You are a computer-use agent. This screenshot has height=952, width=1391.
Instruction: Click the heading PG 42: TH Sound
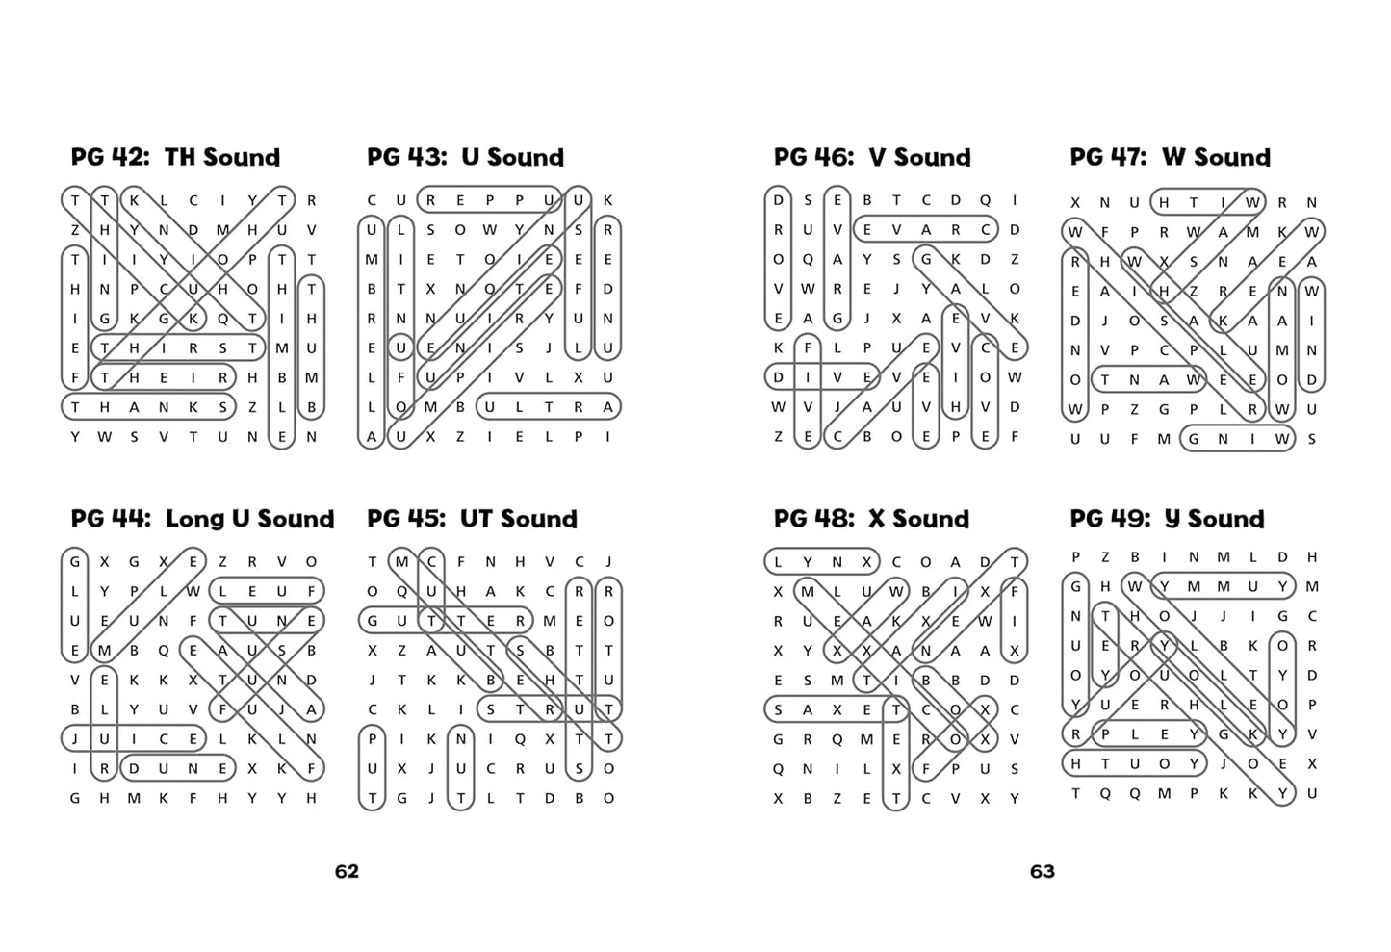(x=175, y=157)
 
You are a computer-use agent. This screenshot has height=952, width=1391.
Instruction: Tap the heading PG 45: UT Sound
(x=472, y=519)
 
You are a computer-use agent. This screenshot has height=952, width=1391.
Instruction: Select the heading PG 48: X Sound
(x=871, y=519)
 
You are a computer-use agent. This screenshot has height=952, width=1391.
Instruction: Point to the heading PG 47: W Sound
(x=1170, y=157)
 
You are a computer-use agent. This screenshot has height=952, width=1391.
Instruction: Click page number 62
(x=347, y=871)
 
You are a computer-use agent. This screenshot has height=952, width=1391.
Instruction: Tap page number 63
(x=1042, y=871)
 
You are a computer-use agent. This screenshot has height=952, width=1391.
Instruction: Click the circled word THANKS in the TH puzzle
(x=148, y=407)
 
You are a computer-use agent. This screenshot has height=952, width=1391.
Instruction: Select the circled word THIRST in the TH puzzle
(x=178, y=347)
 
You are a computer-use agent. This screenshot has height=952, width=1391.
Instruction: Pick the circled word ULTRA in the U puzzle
(x=549, y=407)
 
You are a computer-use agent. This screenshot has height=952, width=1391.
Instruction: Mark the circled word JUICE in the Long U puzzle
(x=134, y=739)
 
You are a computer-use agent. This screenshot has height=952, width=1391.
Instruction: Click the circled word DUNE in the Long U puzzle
(x=178, y=768)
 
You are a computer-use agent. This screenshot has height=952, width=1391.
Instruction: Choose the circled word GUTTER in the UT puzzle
(x=446, y=620)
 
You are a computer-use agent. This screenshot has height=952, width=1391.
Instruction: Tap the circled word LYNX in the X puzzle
(x=822, y=562)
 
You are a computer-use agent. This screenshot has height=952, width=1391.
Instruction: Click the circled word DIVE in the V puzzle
(x=822, y=377)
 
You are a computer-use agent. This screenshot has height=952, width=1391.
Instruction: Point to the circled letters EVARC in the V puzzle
(x=926, y=229)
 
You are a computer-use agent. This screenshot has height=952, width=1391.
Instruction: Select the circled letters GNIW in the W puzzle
(x=1238, y=438)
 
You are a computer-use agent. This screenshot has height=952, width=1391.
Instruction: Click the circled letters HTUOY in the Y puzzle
(x=1135, y=763)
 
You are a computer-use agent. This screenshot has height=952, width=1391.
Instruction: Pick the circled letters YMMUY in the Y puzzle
(x=1223, y=586)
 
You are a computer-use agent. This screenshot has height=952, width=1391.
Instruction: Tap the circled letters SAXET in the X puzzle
(x=837, y=709)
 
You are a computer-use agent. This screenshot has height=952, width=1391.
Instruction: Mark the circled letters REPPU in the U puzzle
(x=490, y=200)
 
